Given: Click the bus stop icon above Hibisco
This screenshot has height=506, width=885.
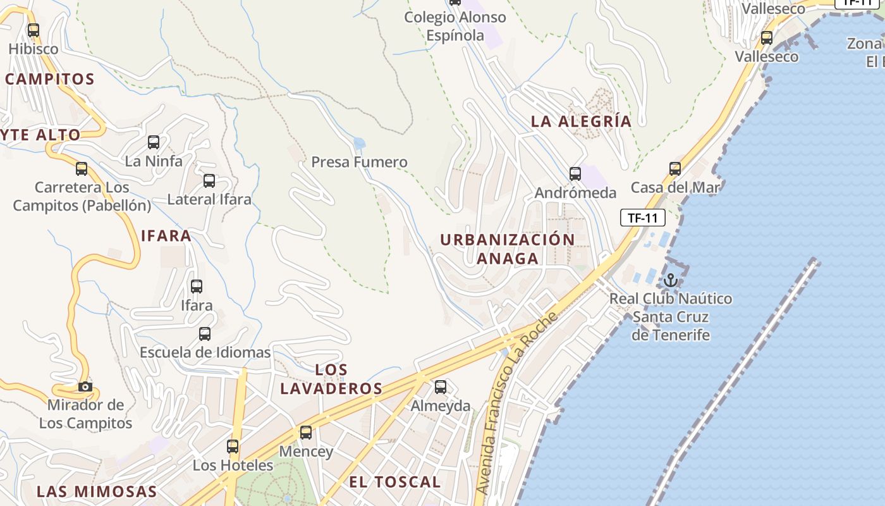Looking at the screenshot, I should point(34,30).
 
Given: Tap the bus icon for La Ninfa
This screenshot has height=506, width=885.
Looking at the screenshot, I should point(154,142).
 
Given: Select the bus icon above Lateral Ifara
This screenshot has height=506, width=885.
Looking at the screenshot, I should point(209,181).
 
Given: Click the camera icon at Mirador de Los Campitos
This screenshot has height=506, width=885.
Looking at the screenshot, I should point(85,386).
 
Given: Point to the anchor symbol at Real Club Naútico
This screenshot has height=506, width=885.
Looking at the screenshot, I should point(670,280).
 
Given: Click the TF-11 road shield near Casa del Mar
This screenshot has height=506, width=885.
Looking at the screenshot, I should point(643,218).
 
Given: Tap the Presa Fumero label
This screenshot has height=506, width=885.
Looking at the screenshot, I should point(359,162).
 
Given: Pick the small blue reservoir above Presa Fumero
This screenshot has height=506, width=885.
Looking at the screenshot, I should point(359,144).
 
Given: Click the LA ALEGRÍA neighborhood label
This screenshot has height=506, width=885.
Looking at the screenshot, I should point(581,121).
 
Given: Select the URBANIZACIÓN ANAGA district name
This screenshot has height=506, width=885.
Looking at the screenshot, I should point(508,249).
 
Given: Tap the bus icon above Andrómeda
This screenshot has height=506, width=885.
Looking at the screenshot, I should point(575,173).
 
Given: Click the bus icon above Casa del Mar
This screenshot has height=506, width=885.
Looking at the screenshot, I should point(675,169).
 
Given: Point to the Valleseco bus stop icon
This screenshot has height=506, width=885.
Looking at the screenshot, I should point(767,38).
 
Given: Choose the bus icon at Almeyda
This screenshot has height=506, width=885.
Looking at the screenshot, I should point(441,386).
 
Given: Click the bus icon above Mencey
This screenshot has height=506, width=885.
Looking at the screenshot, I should point(306,433).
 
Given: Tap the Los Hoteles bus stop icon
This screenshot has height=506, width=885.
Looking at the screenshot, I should point(233,447).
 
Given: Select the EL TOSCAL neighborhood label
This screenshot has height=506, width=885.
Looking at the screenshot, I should point(394,482).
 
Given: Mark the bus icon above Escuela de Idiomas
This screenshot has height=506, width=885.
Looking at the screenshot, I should point(205,334).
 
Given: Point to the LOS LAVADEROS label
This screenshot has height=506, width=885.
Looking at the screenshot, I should point(331,379).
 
